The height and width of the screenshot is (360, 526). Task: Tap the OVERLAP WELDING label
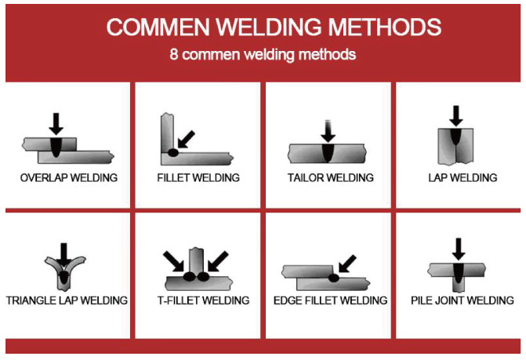tap(69, 178)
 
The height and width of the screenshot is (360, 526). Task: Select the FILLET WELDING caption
tap(198, 178)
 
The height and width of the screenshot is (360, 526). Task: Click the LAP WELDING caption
tap(463, 178)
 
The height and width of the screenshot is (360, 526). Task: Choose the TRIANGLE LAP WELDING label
tap(67, 300)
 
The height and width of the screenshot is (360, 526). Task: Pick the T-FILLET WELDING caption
tap(198, 300)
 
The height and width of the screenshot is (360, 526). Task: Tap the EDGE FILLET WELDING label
tap(330, 300)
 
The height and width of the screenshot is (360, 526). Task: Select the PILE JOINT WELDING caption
tap(463, 300)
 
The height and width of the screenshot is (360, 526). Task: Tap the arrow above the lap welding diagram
tap(455, 116)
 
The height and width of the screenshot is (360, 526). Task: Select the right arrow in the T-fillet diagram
tap(222, 260)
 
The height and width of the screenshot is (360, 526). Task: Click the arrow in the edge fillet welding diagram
tap(344, 263)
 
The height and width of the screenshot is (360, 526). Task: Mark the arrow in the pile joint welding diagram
tap(459, 250)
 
